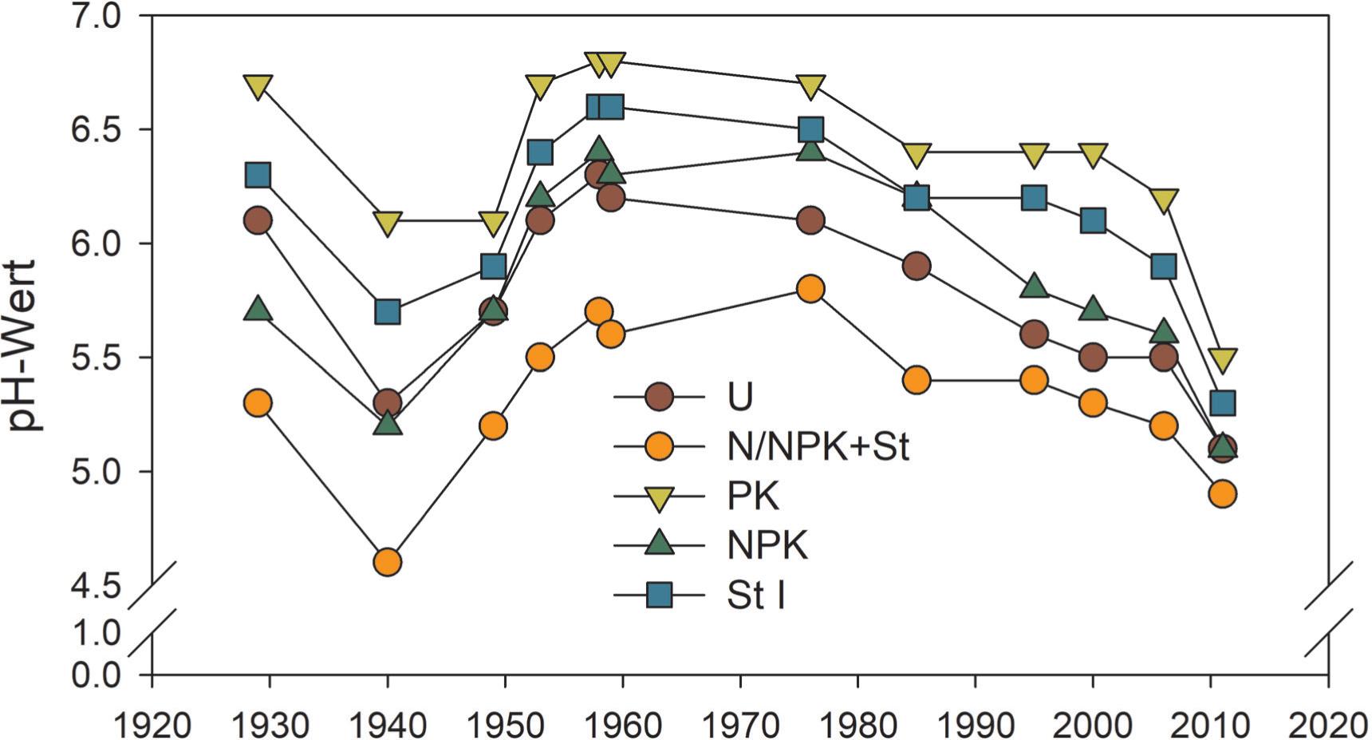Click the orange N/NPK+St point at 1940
(x=387, y=562)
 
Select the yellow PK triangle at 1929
(x=258, y=85)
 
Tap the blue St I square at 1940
(x=387, y=311)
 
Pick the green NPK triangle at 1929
(x=258, y=309)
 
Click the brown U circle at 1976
(x=810, y=220)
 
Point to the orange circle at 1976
(x=810, y=289)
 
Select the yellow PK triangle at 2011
(x=1222, y=359)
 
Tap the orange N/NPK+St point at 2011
(x=1222, y=494)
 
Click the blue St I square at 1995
(x=1034, y=197)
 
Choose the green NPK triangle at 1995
(x=1034, y=286)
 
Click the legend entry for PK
(x=752, y=497)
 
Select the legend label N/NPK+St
(x=818, y=446)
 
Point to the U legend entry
(x=740, y=397)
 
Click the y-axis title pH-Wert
(x=23, y=345)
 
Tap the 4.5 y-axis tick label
(x=96, y=587)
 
